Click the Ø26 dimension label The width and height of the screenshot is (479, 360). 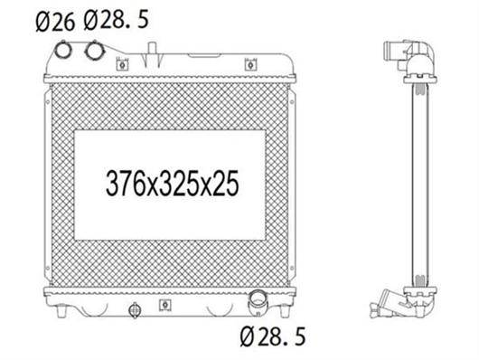pyautogui.click(x=55, y=22)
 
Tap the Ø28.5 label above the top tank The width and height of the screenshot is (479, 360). pyautogui.click(x=116, y=20)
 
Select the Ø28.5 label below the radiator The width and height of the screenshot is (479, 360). pyautogui.click(x=273, y=336)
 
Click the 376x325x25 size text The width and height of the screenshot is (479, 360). pyautogui.click(x=172, y=184)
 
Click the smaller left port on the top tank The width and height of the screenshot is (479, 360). pyautogui.click(x=63, y=50)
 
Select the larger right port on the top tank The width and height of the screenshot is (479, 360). pyautogui.click(x=95, y=50)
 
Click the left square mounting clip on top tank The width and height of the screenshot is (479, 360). pyautogui.click(x=122, y=64)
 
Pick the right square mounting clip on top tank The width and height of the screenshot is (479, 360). pyautogui.click(x=251, y=64)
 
